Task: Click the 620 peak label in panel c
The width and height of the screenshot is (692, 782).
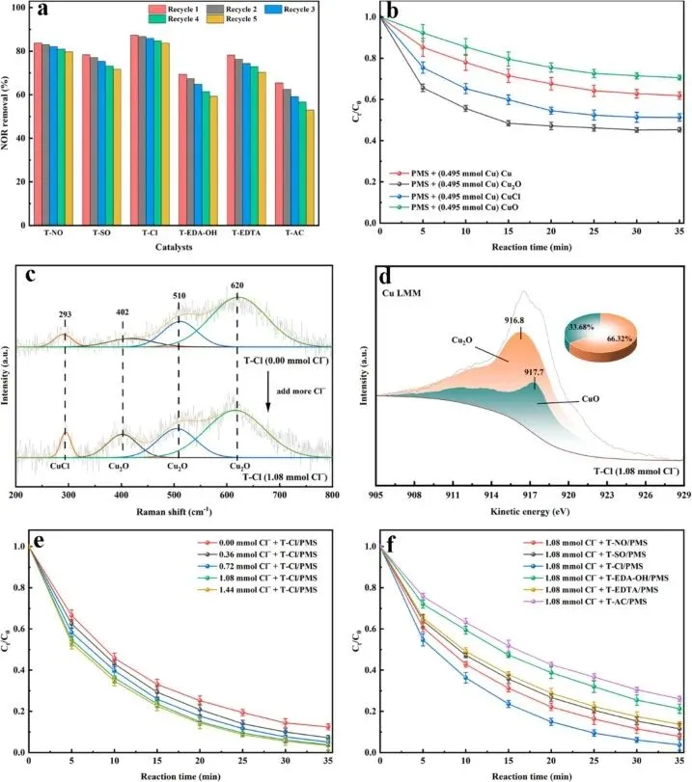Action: click(x=238, y=286)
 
